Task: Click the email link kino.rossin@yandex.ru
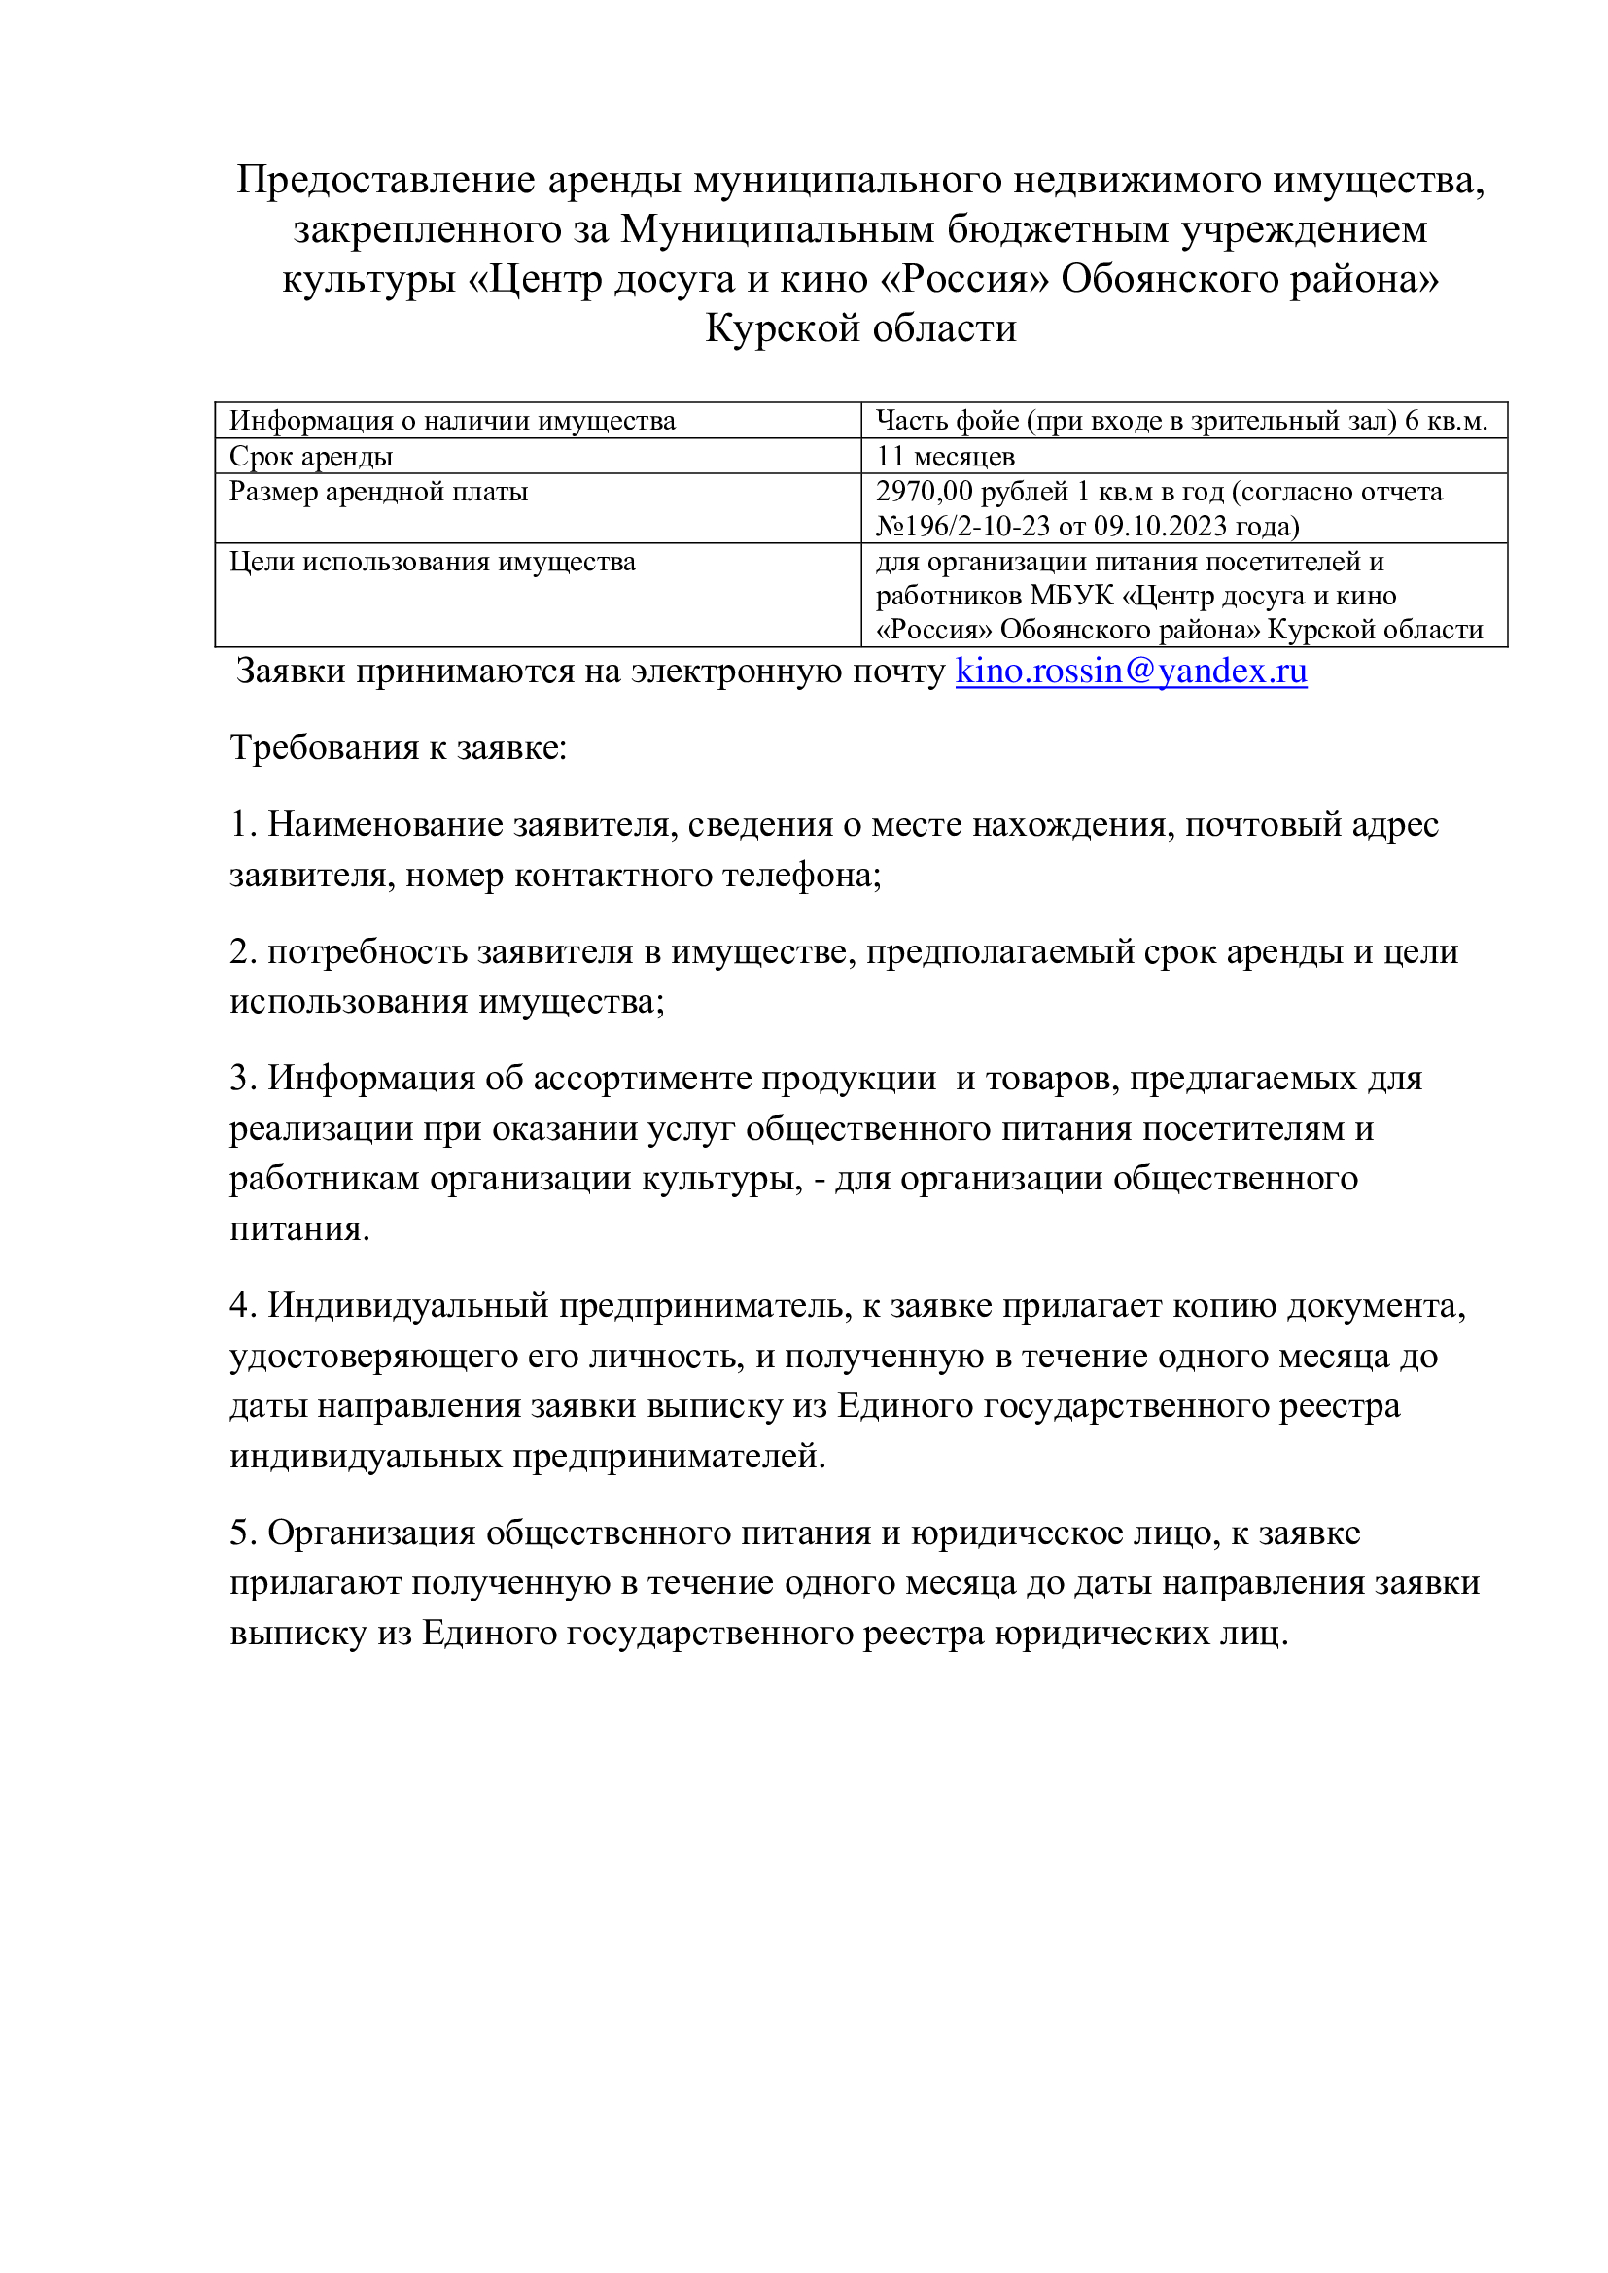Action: point(1130,672)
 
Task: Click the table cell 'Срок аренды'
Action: point(311,457)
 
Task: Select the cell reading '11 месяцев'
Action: point(945,457)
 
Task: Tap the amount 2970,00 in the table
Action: point(923,492)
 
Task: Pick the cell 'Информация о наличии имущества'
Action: point(451,421)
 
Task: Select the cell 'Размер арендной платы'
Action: point(378,492)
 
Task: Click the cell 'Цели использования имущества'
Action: point(432,563)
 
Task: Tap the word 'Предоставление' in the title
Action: point(386,180)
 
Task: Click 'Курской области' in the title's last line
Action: point(860,328)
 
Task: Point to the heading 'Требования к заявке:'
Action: point(398,748)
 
